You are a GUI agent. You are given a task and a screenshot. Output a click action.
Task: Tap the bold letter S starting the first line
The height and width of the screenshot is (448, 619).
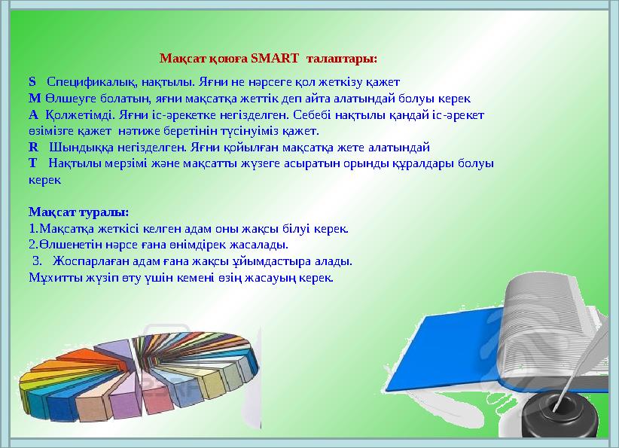click(x=32, y=81)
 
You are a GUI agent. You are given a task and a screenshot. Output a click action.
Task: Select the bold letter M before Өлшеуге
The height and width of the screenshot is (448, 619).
click(x=34, y=98)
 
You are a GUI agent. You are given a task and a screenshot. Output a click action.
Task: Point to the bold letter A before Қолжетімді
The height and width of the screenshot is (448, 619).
click(x=33, y=115)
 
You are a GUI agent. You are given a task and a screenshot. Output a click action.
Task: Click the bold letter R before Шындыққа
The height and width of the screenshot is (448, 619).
click(x=32, y=147)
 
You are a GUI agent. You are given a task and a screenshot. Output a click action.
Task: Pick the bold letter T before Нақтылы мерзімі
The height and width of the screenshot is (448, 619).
click(x=32, y=163)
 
